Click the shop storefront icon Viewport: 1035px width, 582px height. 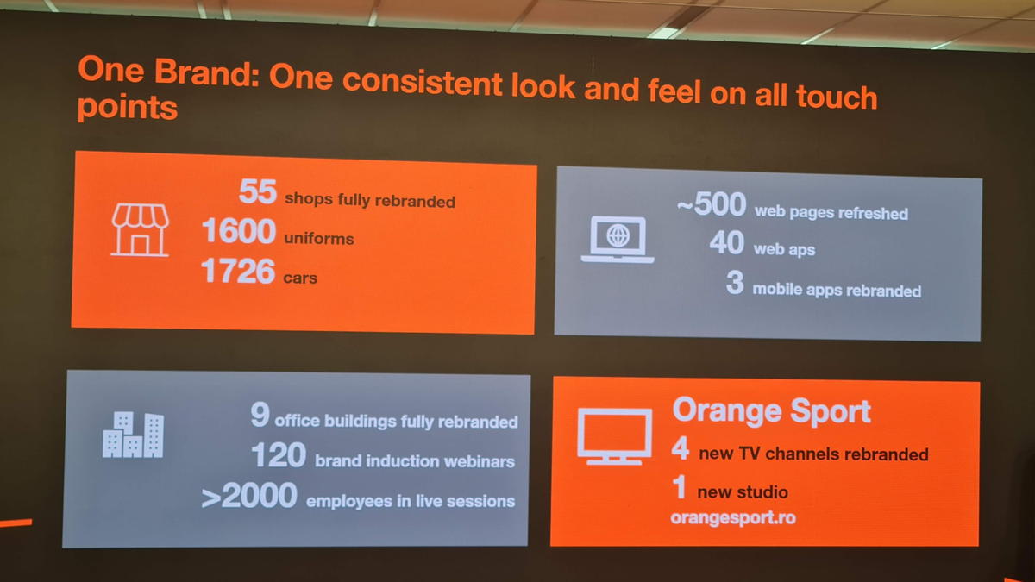(140, 229)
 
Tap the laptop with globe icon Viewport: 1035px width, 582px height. (618, 240)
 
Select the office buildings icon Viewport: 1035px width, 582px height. (133, 435)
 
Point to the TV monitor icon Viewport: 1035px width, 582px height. (614, 436)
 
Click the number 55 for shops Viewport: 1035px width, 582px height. (258, 191)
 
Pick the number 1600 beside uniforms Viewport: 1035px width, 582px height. (239, 230)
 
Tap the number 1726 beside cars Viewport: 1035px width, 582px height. (238, 271)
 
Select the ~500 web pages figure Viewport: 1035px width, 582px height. (712, 203)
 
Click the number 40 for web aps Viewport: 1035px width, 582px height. (727, 242)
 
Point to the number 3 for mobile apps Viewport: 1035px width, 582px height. (735, 282)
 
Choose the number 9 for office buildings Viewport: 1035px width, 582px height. (260, 414)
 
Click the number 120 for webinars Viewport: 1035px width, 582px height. (279, 455)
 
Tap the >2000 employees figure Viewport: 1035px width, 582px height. (249, 495)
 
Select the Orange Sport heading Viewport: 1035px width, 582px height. (772, 410)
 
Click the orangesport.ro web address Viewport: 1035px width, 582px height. (733, 517)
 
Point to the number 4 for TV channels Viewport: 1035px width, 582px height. (681, 447)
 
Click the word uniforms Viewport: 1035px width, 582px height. (319, 238)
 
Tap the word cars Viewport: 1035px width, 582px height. (300, 278)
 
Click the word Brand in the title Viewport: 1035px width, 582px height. (206, 72)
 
